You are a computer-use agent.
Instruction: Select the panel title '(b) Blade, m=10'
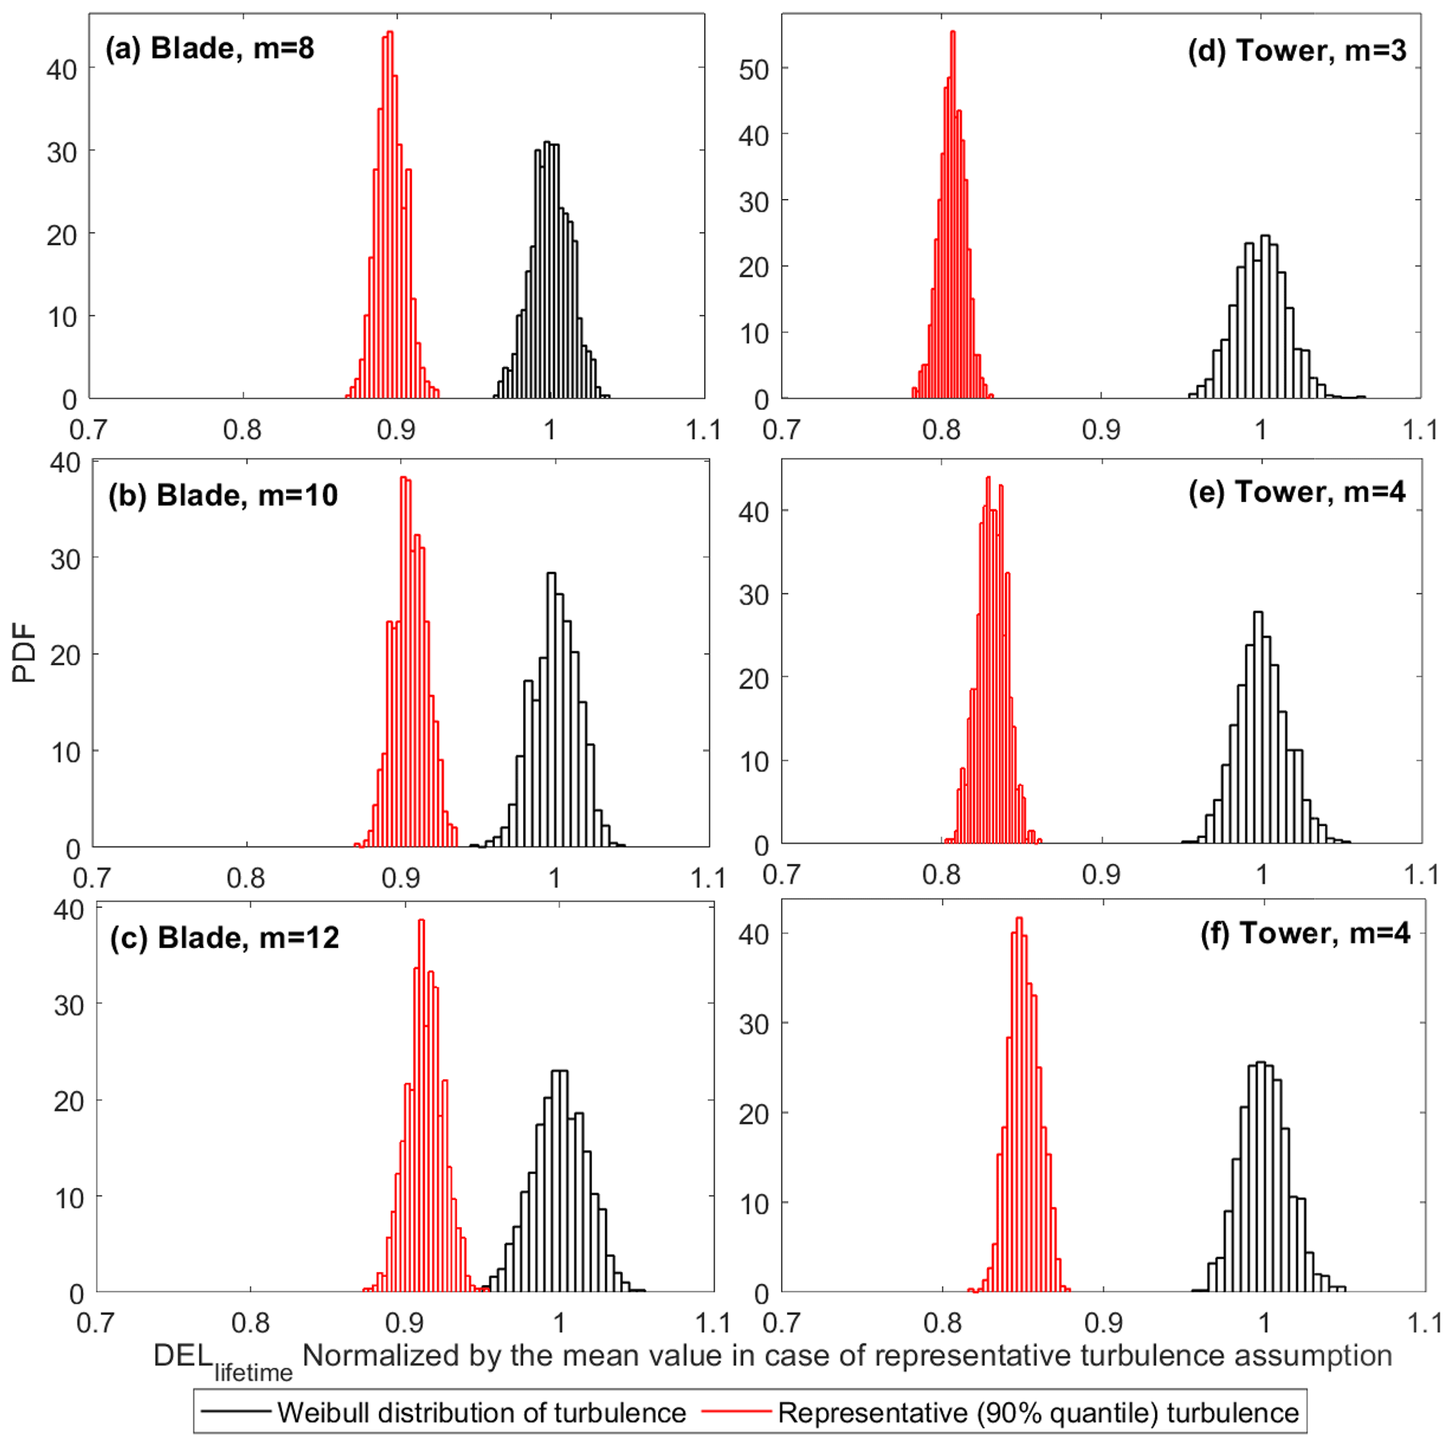[x=223, y=496]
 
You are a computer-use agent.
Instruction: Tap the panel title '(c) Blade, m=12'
[x=224, y=938]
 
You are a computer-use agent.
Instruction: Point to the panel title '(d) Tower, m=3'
[x=1296, y=51]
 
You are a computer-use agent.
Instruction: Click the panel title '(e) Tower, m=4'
[x=1296, y=492]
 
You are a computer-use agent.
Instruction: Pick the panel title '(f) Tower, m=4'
[x=1305, y=933]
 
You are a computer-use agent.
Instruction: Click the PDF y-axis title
[x=25, y=652]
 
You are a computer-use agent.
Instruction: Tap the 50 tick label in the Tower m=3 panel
[x=754, y=70]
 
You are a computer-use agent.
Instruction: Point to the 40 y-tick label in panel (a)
[x=62, y=70]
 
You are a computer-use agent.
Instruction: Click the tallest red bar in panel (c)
[x=421, y=1105]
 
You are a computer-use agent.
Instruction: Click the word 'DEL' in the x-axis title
[x=183, y=1356]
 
